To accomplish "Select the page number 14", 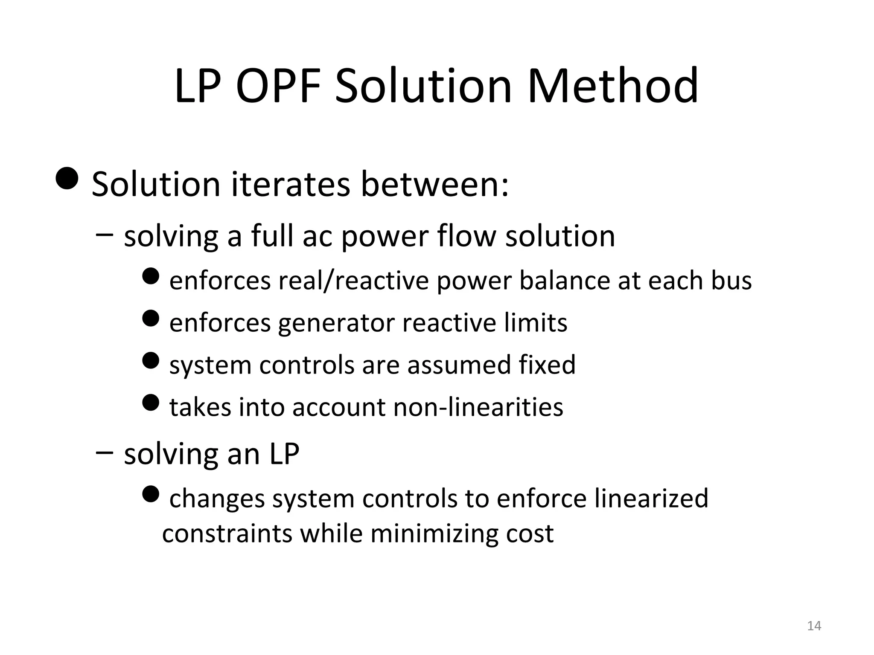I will [x=814, y=626].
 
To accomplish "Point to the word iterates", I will [x=290, y=185].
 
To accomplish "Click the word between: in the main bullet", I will [x=435, y=185].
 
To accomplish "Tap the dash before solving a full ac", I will [x=105, y=234].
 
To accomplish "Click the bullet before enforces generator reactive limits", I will [x=150, y=318].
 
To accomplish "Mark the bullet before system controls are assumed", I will [x=150, y=360].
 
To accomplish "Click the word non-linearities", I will [x=478, y=407].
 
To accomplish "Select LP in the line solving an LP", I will [x=284, y=454].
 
